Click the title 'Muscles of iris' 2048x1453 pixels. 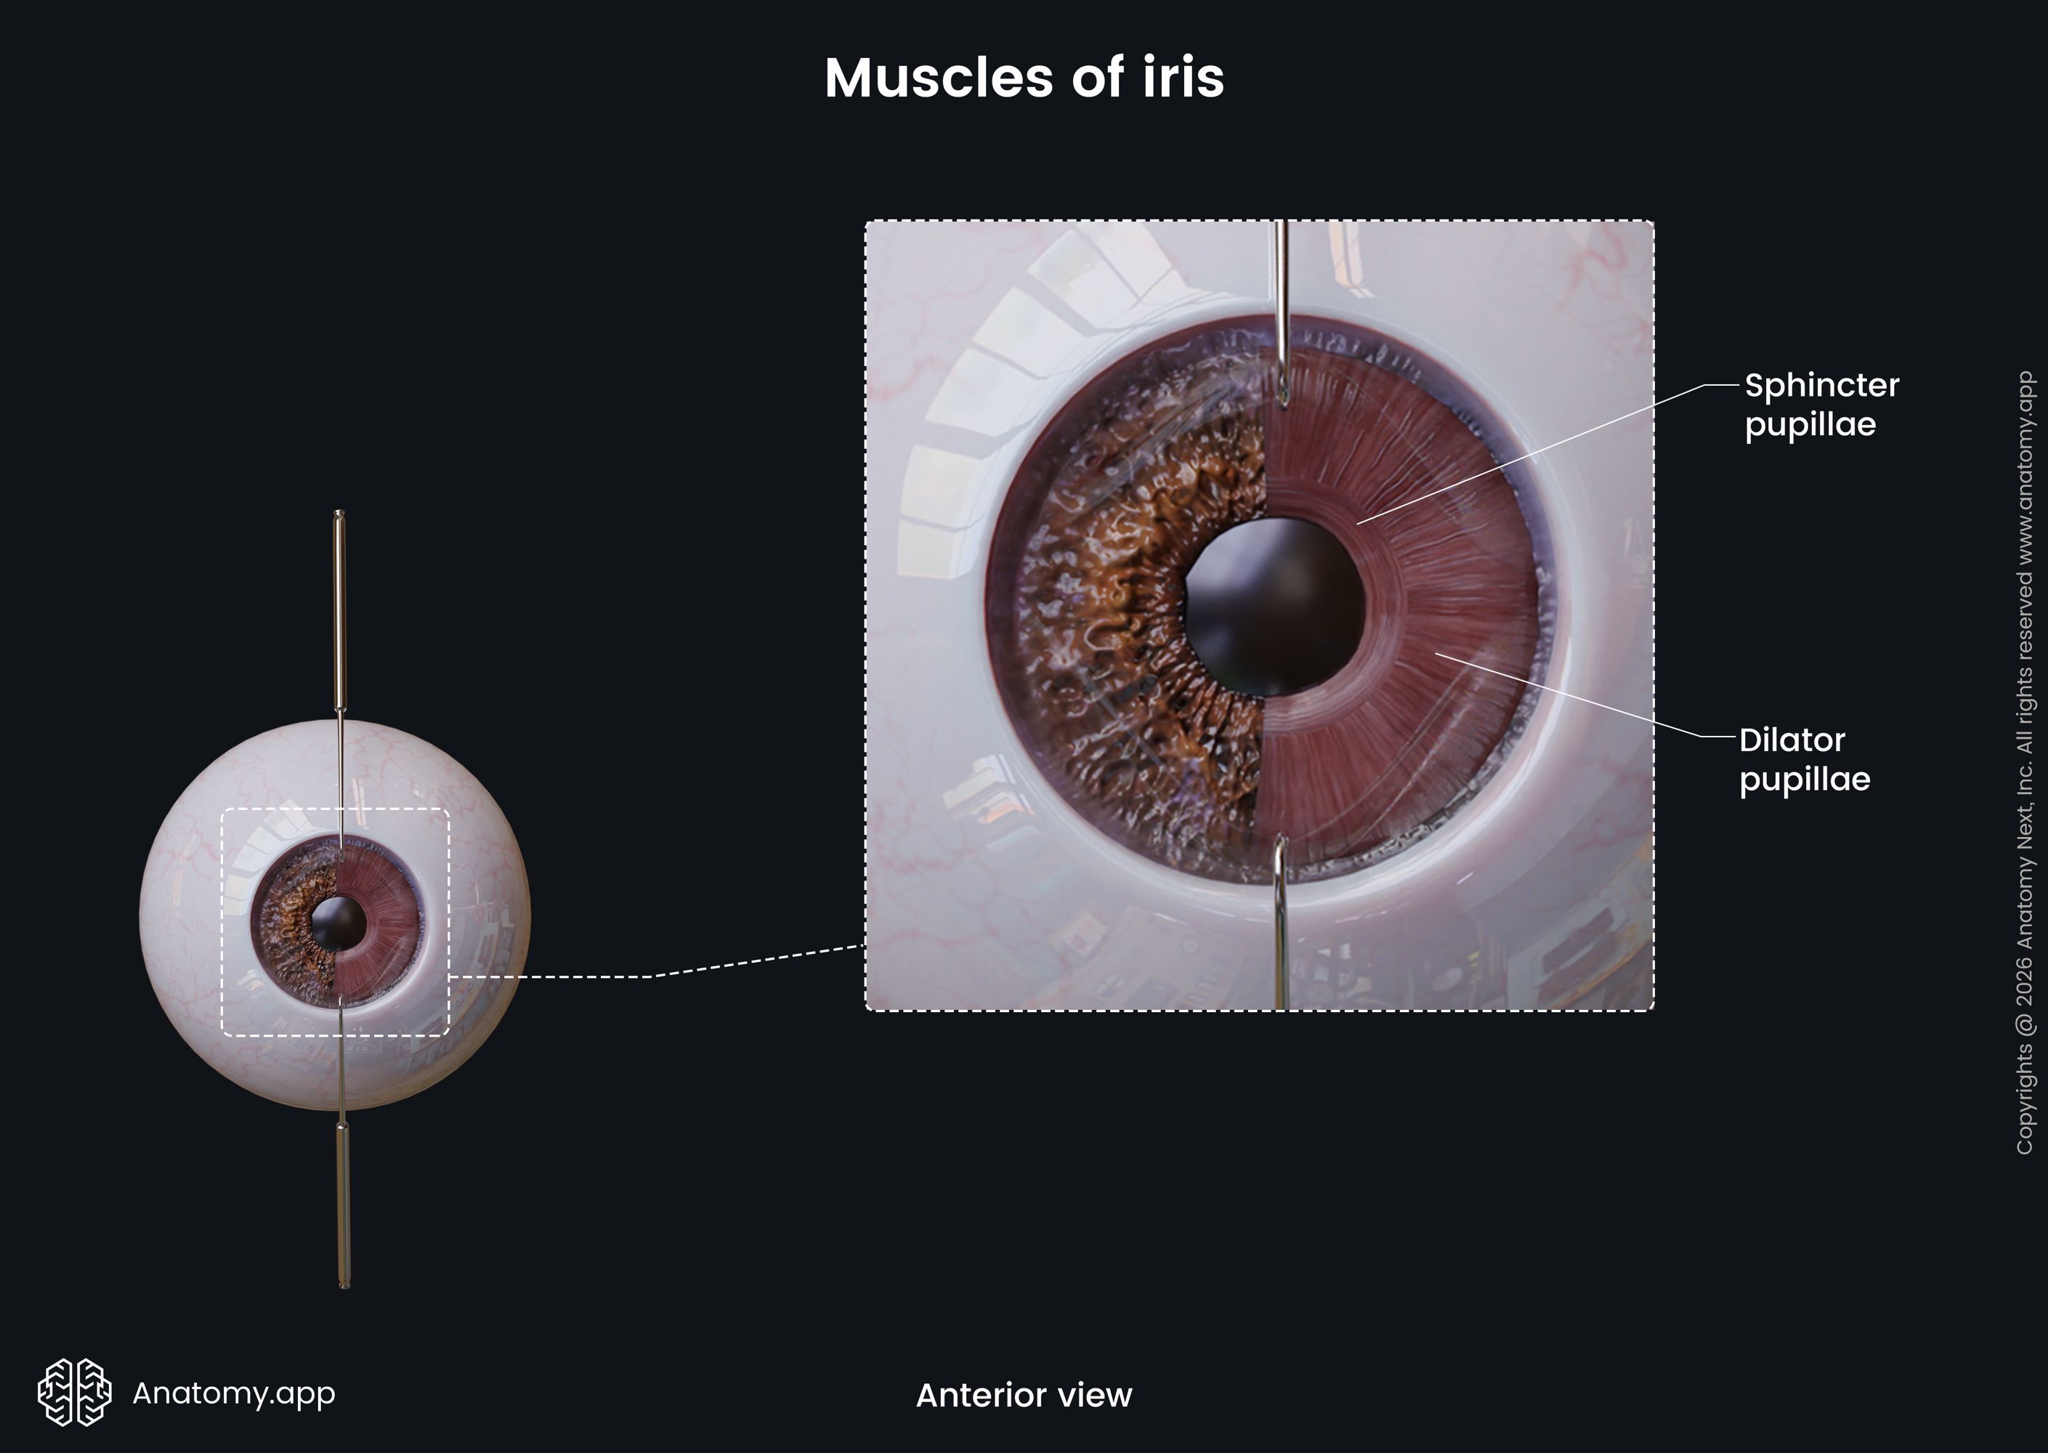point(1024,78)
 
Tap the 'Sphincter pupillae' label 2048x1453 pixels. point(1821,405)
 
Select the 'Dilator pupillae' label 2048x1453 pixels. point(1804,760)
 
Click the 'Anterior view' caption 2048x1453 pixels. point(1024,1395)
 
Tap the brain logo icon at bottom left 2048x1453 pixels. point(74,1392)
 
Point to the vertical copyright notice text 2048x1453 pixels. point(2025,762)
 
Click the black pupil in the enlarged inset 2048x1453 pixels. point(1275,607)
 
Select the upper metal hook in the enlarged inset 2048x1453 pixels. point(1282,313)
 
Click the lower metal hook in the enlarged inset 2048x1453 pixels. point(1280,921)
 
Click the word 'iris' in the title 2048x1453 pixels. point(1183,78)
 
